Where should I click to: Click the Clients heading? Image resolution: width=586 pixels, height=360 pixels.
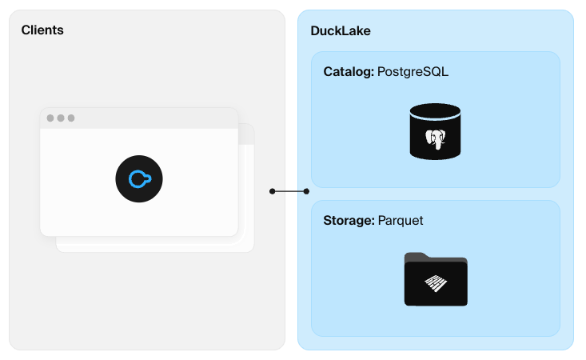[x=42, y=30]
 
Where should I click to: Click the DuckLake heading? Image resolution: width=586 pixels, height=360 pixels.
[x=340, y=30]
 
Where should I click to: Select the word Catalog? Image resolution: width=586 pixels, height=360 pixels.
[x=349, y=72]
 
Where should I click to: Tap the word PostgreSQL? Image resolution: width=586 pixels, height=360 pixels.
[x=413, y=72]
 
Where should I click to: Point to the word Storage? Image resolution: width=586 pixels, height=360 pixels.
[x=349, y=220]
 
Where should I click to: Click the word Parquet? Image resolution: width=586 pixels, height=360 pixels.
[x=401, y=220]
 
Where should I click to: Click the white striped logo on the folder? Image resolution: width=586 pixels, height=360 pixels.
[x=435, y=285]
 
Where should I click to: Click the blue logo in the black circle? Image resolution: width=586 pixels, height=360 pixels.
[x=138, y=178]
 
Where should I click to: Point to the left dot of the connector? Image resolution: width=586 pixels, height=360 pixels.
[x=273, y=191]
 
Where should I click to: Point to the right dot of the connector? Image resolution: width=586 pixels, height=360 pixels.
[x=309, y=191]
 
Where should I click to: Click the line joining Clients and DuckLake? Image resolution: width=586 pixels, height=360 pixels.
[x=291, y=191]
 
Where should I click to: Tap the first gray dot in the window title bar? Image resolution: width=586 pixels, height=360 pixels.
[x=50, y=118]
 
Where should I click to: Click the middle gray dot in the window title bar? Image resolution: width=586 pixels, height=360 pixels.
[x=61, y=118]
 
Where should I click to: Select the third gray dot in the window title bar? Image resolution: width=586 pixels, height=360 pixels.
[x=71, y=118]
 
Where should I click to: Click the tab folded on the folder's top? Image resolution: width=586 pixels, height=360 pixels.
[x=421, y=256]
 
